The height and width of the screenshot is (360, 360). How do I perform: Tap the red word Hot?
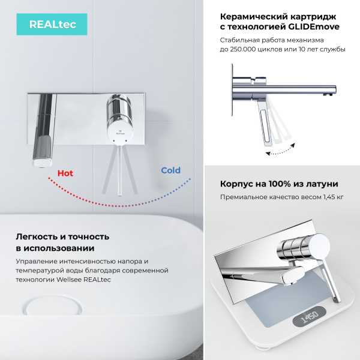pyautogui.click(x=65, y=173)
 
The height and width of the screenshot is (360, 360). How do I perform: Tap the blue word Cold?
pyautogui.click(x=170, y=170)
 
